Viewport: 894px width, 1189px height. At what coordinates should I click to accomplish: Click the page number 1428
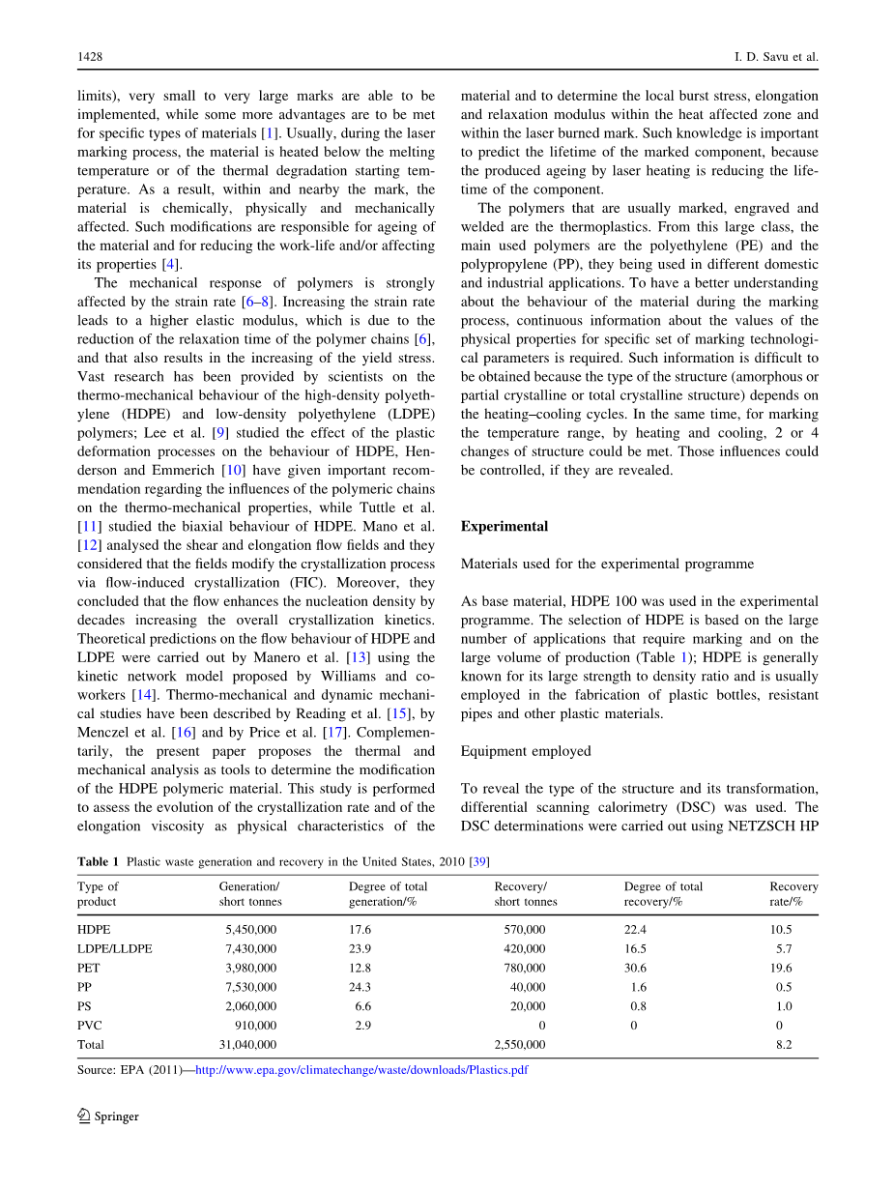[x=90, y=57]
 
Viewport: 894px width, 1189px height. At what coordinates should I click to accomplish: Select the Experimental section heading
[x=504, y=527]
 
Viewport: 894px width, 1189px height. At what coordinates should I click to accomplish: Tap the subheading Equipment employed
[x=526, y=751]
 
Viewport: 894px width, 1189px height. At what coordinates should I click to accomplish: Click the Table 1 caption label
[x=98, y=862]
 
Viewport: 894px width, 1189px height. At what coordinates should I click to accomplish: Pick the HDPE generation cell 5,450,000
[x=247, y=930]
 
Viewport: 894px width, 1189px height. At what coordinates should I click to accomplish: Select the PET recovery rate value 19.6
[x=782, y=968]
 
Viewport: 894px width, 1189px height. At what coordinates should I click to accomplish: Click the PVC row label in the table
[x=90, y=1026]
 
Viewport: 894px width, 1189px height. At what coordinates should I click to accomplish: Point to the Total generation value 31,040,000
[x=247, y=1045]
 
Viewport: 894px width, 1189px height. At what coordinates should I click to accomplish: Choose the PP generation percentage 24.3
[x=360, y=987]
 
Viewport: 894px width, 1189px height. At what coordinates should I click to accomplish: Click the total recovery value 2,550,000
[x=519, y=1045]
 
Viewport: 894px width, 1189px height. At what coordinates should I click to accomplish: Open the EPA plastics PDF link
[x=361, y=1070]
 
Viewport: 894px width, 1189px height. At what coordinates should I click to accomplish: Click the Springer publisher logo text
[x=116, y=1116]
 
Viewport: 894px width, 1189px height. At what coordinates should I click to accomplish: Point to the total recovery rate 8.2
[x=785, y=1045]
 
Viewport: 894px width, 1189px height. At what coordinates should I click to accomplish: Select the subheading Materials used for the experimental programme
[x=607, y=564]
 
